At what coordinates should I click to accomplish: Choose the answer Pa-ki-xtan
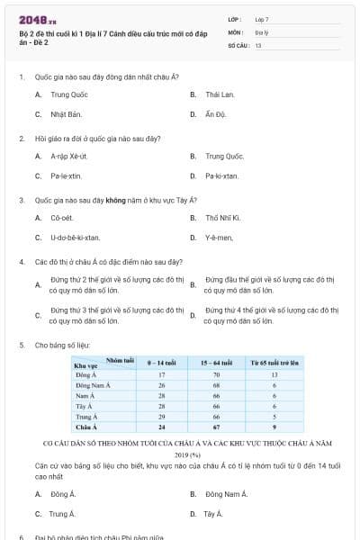tap(221, 176)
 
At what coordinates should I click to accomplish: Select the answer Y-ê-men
tap(219, 238)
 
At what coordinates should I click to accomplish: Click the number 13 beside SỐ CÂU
tap(258, 44)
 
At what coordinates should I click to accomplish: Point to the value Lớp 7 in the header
tap(262, 19)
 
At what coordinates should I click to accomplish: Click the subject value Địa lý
tap(261, 31)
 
